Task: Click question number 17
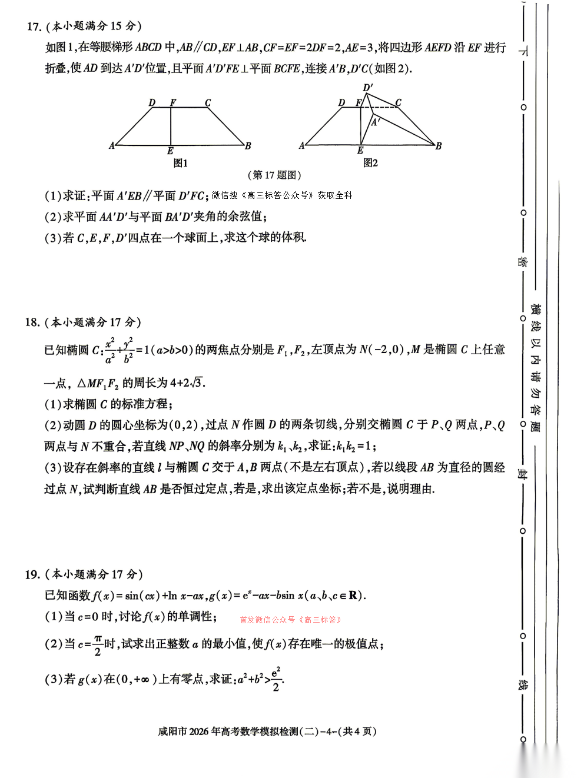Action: tap(34, 26)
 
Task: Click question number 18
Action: tap(32, 322)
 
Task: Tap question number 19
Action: tap(32, 574)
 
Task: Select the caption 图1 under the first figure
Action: tap(181, 163)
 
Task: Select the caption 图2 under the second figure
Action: tap(370, 163)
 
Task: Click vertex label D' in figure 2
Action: tap(368, 88)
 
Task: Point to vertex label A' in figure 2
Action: tap(376, 122)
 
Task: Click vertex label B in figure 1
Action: tap(248, 146)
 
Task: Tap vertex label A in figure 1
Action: tap(112, 145)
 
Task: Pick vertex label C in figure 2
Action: tap(399, 103)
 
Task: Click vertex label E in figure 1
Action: tap(170, 151)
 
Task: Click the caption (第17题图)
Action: tap(274, 175)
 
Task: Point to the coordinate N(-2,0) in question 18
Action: tap(381, 350)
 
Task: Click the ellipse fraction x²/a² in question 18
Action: tap(110, 350)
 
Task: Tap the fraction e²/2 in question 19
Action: tap(276, 679)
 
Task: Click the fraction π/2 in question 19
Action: tap(98, 645)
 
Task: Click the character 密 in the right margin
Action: tap(522, 261)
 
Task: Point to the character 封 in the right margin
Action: tap(522, 474)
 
